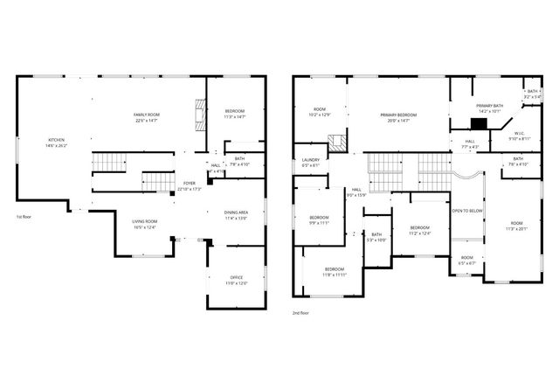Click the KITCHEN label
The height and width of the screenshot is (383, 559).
[x=56, y=142]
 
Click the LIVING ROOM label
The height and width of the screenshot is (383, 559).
[x=143, y=225]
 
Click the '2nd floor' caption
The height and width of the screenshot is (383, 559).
[x=300, y=312]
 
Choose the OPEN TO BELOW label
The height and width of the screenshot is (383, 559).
[x=467, y=212]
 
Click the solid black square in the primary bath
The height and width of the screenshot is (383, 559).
[x=477, y=123]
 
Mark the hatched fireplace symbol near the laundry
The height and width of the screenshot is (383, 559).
[x=336, y=143]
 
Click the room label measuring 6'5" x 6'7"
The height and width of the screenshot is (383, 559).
[x=467, y=259]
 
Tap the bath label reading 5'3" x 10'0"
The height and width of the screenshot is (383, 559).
[x=376, y=236]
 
